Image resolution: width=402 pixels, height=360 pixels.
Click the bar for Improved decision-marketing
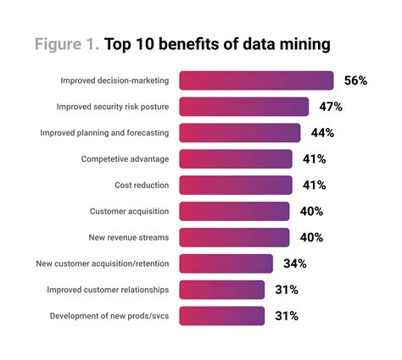256,80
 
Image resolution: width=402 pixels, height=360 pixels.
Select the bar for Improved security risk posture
243,107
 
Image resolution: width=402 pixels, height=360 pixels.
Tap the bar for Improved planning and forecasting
240,133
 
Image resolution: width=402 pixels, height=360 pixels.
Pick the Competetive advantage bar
236,159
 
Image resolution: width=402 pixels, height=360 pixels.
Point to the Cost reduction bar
236,185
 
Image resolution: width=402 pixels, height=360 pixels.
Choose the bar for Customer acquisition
234,211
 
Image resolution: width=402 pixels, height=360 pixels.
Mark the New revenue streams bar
234,237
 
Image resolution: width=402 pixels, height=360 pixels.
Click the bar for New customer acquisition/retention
226,263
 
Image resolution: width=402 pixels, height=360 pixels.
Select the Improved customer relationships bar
221,290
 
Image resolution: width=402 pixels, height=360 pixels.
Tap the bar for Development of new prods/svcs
221,316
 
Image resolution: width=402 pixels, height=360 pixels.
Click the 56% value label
355,80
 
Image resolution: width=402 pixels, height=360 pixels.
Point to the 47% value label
331,107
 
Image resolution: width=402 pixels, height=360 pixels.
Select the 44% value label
322,133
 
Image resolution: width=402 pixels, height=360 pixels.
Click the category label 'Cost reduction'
142,185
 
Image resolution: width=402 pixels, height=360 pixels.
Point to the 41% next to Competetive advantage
315,159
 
